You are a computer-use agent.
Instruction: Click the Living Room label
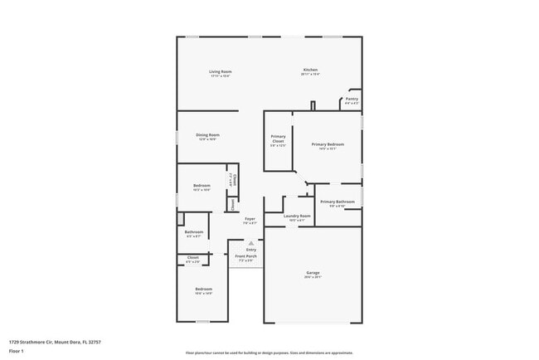[220, 71]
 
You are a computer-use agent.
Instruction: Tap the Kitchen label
[310, 70]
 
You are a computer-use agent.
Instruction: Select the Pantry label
[352, 99]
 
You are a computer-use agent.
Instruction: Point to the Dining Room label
[207, 134]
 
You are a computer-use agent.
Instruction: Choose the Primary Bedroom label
[328, 144]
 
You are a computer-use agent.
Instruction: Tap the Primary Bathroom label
[337, 202]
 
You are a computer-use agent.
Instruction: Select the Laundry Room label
[296, 216]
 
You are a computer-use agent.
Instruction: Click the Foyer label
[250, 219]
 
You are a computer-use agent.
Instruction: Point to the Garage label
[313, 273]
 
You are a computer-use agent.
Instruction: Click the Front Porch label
[245, 256]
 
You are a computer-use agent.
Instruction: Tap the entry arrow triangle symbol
[250, 243]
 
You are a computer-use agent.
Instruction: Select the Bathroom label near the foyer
[194, 231]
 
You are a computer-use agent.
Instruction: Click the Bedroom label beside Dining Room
[202, 185]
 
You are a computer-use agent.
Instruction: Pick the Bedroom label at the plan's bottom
[203, 289]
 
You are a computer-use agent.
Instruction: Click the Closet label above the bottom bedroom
[192, 257]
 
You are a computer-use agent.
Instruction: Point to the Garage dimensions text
[313, 278]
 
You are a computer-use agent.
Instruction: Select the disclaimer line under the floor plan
[269, 352]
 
